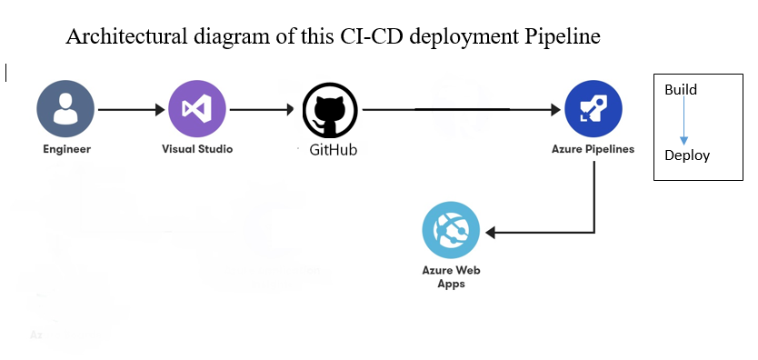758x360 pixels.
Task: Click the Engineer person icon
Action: point(65,109)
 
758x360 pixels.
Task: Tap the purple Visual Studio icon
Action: point(196,109)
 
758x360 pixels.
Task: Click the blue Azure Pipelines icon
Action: point(593,109)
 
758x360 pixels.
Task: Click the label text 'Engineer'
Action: point(66,148)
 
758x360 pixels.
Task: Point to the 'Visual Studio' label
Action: point(196,148)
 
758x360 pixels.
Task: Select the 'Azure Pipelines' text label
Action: point(593,148)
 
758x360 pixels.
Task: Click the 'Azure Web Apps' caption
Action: point(451,276)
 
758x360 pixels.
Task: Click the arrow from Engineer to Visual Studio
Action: point(131,110)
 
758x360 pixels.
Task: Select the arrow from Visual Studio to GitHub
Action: point(264,110)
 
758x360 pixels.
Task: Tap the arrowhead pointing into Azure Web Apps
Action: point(491,232)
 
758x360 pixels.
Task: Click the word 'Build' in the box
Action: point(681,90)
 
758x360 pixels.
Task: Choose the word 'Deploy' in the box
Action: point(686,155)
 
